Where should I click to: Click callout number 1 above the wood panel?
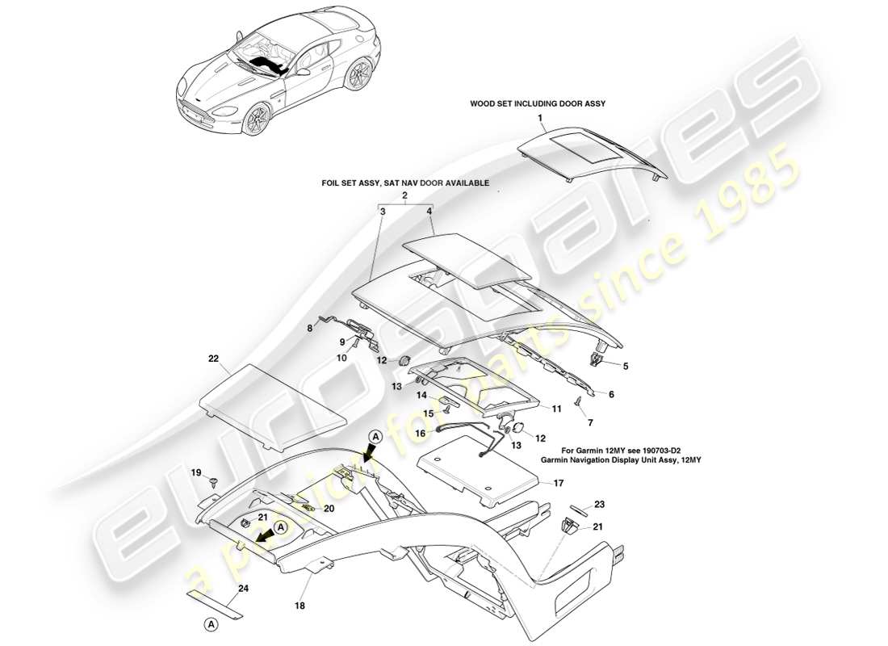542,118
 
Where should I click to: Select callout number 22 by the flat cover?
213,357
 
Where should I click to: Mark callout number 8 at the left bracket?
308,328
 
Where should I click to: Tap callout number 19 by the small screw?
195,472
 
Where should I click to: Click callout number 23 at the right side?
599,504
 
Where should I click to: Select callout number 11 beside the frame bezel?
556,409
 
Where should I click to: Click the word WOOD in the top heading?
482,104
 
